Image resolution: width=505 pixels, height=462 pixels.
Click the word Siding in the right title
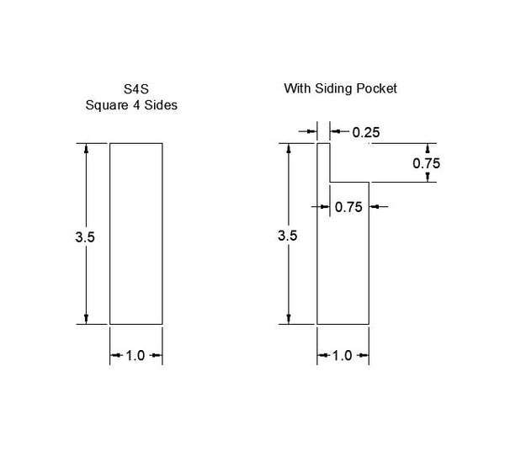[x=338, y=88]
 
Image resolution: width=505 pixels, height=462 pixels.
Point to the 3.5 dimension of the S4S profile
[x=85, y=237]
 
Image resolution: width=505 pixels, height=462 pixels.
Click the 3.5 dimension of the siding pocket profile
[x=288, y=236]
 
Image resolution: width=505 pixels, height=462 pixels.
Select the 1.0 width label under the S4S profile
[x=136, y=356]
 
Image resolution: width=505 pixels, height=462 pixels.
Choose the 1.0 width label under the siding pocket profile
[x=342, y=356]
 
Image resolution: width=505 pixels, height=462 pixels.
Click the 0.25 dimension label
[x=366, y=132]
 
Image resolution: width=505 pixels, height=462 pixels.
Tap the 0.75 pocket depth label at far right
[x=427, y=163]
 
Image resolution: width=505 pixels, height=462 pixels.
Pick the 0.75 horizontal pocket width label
[x=348, y=206]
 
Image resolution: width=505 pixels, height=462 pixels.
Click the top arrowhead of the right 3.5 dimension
[x=290, y=148]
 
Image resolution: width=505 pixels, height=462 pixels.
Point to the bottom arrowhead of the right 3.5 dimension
[x=290, y=317]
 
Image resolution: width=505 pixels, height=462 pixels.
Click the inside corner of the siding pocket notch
[x=330, y=181]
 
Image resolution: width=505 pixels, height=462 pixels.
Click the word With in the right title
[x=297, y=88]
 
